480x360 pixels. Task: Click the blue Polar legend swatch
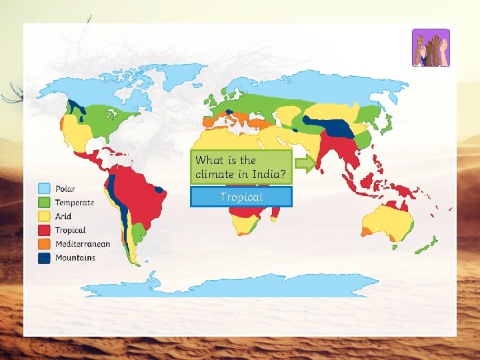pyautogui.click(x=45, y=189)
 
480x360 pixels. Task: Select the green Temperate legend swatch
pyautogui.click(x=45, y=203)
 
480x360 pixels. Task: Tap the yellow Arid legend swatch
pyautogui.click(x=45, y=217)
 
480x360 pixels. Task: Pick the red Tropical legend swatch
pyautogui.click(x=45, y=230)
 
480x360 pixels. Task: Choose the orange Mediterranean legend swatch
pyautogui.click(x=45, y=244)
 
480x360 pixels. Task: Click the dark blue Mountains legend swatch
pyautogui.click(x=45, y=258)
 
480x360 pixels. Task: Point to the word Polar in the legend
pyautogui.click(x=65, y=189)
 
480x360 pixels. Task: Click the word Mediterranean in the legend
pyautogui.click(x=83, y=244)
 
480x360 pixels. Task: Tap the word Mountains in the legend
pyautogui.click(x=75, y=258)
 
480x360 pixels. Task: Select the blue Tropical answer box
pyautogui.click(x=241, y=197)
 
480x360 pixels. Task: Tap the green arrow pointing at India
pyautogui.click(x=305, y=164)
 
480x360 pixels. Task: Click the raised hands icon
pyautogui.click(x=431, y=48)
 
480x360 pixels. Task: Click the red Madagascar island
pyautogui.click(x=275, y=213)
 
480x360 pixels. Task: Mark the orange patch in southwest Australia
pyautogui.click(x=367, y=231)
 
